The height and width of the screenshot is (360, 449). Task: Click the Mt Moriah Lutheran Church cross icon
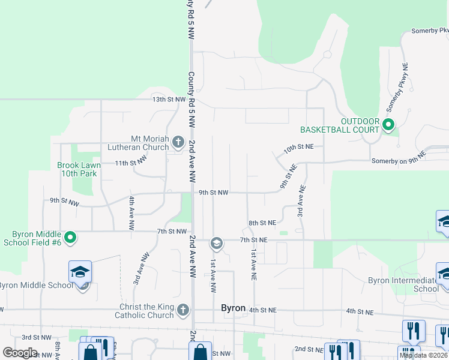pyautogui.click(x=178, y=142)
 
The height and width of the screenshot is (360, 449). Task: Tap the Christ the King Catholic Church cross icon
pyautogui.click(x=183, y=310)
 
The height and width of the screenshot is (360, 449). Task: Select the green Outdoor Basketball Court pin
pyautogui.click(x=388, y=125)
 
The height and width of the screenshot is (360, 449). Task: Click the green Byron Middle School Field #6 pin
pyautogui.click(x=70, y=238)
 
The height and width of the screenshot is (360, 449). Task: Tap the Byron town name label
pyautogui.click(x=234, y=308)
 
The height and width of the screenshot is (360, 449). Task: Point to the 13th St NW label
pyautogui.click(x=169, y=99)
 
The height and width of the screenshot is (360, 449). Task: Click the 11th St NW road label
pyautogui.click(x=131, y=163)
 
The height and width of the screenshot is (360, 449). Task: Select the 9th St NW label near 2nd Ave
pyautogui.click(x=214, y=193)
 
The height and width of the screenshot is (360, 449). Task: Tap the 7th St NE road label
pyautogui.click(x=253, y=240)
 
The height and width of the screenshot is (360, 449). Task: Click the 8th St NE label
pyautogui.click(x=262, y=223)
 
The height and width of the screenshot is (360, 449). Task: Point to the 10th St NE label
pyautogui.click(x=300, y=146)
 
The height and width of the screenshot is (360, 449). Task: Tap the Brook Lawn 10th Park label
pyautogui.click(x=79, y=169)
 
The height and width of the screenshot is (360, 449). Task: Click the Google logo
pyautogui.click(x=20, y=353)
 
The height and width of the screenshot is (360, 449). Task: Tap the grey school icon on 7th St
pyautogui.click(x=216, y=244)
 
